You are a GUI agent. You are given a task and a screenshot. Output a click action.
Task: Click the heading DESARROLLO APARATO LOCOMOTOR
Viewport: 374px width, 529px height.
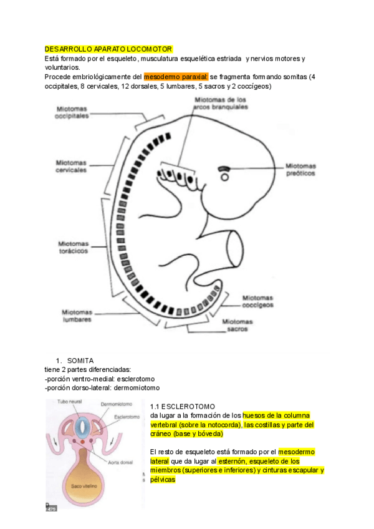tap(108, 49)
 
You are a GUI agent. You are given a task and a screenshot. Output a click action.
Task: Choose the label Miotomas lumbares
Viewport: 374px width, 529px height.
tap(77, 315)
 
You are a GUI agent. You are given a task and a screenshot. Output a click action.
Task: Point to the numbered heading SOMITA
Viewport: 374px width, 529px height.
tap(80, 361)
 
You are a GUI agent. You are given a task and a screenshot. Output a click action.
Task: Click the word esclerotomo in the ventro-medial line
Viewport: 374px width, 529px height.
tap(134, 379)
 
